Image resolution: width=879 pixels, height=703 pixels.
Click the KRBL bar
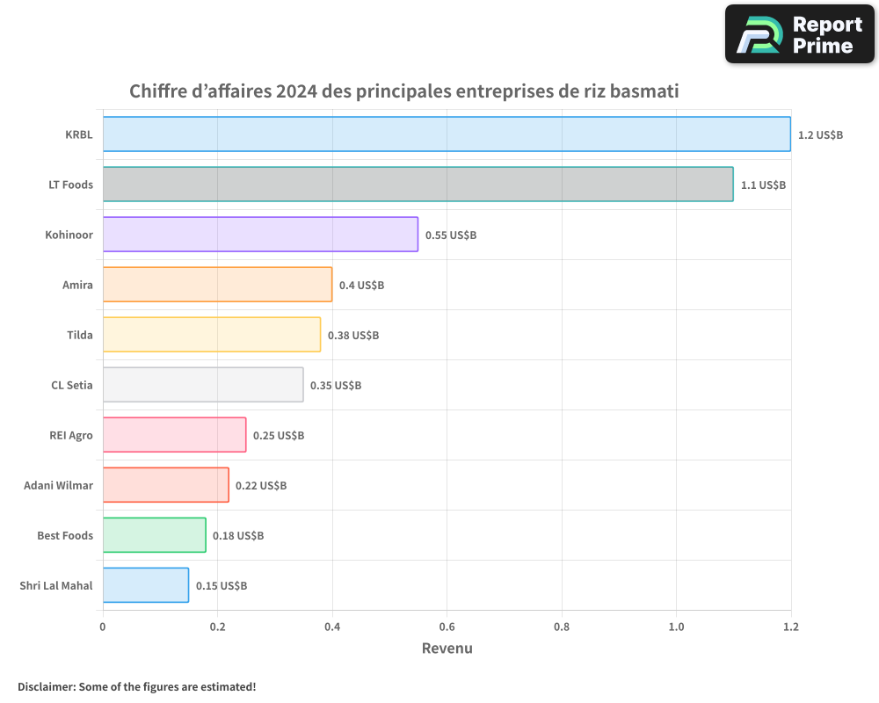coord(447,134)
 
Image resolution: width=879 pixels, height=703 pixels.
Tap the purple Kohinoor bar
coord(260,235)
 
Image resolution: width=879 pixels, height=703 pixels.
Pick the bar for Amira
coord(217,285)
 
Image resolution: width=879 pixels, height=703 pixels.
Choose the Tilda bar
coord(212,335)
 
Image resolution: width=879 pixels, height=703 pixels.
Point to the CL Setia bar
coord(203,385)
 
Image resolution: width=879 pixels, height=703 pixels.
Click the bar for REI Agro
coord(174,435)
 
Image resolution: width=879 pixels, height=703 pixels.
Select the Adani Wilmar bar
coord(165,485)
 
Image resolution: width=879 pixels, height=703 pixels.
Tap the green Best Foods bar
coord(154,535)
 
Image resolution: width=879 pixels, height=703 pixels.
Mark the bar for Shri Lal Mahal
coord(145,585)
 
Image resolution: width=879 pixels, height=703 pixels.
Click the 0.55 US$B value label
coord(451,236)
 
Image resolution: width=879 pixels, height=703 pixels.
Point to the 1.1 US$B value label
coord(763,185)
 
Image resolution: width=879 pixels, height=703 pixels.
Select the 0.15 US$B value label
coord(222,586)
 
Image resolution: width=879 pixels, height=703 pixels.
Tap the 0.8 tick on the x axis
coord(562,627)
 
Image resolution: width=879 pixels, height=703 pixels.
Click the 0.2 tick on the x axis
coord(217,627)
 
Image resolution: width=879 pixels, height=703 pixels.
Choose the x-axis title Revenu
coord(447,649)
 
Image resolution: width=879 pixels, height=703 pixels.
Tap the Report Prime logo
coord(799,34)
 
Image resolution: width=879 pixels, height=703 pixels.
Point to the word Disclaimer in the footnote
coord(46,686)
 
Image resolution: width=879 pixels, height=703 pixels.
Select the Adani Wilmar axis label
coord(58,485)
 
